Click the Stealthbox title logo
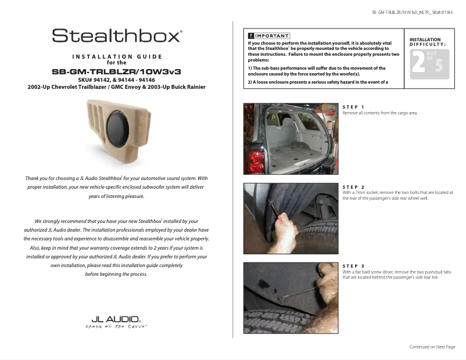117,36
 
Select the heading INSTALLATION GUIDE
117,56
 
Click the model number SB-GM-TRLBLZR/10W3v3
117,71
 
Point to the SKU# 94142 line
116,80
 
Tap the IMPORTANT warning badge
268,36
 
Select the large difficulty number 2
418,63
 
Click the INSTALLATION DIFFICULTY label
428,42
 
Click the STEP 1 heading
353,107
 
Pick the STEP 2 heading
353,187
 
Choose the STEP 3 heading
353,266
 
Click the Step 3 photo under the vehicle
290,298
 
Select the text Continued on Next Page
432,347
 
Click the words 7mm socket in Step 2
367,192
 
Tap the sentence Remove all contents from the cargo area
379,113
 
